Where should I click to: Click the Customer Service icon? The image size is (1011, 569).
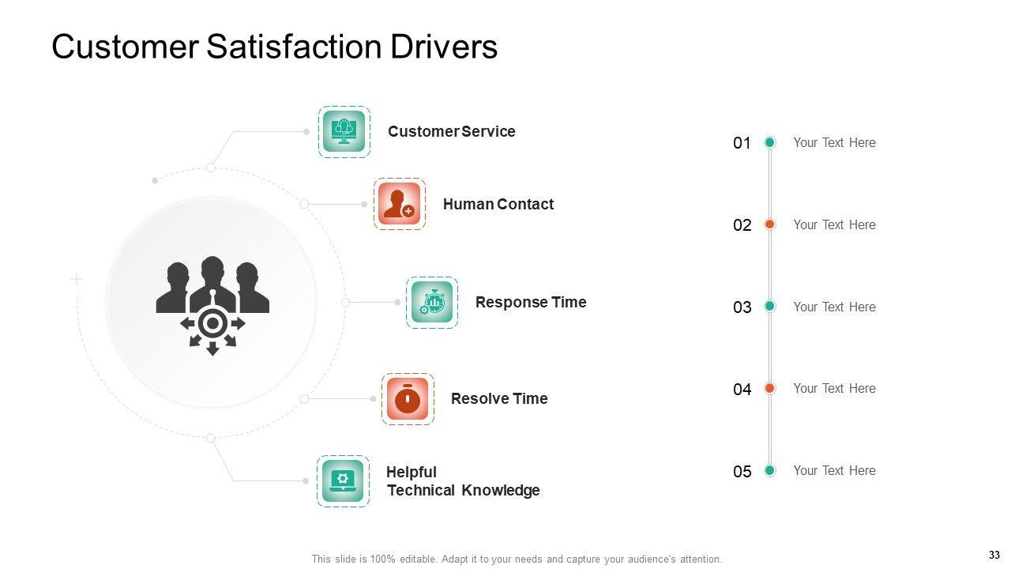tap(344, 131)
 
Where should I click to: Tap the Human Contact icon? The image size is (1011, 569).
tap(399, 204)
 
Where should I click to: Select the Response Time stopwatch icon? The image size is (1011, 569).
tap(432, 302)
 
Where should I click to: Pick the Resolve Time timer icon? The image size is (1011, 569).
tap(408, 398)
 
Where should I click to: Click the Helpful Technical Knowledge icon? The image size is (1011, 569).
tap(343, 480)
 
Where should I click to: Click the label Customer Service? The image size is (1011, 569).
tap(451, 131)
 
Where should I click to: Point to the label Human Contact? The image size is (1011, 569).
tap(498, 204)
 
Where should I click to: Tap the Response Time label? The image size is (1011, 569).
tap(531, 302)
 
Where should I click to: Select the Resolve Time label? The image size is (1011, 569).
tap(498, 398)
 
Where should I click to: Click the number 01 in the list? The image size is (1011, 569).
tap(742, 143)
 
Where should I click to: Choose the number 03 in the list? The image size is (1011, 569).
tap(742, 307)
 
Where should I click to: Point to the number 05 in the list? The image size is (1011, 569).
tap(742, 472)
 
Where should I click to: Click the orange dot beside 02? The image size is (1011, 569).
tap(769, 224)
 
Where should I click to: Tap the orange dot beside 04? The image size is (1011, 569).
tap(769, 388)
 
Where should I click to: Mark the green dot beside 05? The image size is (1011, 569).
tap(769, 470)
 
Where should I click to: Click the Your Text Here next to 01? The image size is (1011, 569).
tap(834, 142)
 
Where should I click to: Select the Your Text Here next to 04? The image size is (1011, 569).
tap(834, 388)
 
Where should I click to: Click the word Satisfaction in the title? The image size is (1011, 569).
tap(295, 47)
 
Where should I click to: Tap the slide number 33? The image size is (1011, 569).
tap(994, 555)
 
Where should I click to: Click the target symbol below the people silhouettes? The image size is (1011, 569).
tap(212, 323)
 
